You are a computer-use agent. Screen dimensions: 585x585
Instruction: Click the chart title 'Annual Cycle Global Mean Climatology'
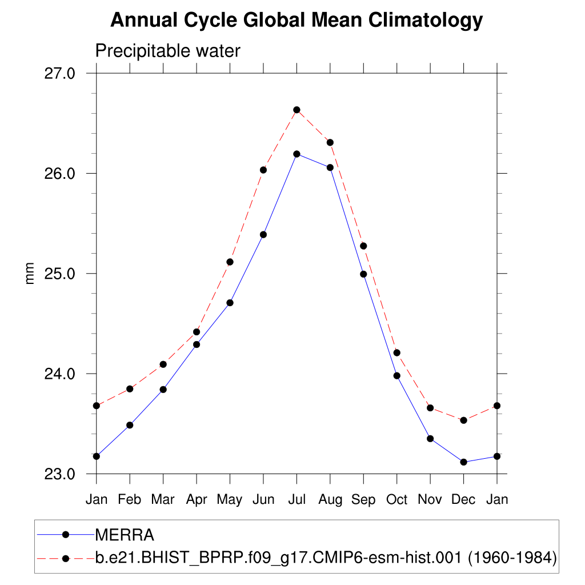click(x=296, y=21)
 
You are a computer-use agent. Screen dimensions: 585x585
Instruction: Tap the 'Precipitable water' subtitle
click(x=167, y=51)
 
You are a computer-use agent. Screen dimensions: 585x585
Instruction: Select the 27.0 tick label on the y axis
click(x=60, y=74)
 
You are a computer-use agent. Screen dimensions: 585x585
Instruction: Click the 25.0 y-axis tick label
click(x=60, y=274)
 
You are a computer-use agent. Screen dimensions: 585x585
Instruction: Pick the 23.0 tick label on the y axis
click(x=60, y=474)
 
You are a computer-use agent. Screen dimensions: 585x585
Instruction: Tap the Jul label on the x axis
click(x=296, y=499)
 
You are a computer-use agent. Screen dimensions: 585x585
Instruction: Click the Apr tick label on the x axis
click(x=197, y=499)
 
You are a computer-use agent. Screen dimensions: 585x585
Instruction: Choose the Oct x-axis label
click(x=396, y=499)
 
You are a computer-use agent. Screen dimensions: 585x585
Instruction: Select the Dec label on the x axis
click(x=463, y=499)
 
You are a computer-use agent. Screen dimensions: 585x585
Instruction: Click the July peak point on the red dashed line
click(x=296, y=110)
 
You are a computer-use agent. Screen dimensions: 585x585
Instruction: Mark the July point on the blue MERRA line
click(x=296, y=154)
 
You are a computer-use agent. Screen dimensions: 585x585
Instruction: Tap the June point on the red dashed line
click(x=263, y=170)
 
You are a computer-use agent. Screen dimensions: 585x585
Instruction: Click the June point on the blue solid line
click(x=263, y=234)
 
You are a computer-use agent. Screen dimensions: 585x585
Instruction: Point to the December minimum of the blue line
click(x=463, y=462)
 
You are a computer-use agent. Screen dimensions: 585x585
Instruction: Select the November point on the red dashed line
click(x=430, y=408)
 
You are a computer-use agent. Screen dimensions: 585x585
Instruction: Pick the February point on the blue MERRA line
click(x=130, y=425)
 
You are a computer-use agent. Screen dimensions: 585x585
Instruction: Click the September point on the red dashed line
click(x=363, y=246)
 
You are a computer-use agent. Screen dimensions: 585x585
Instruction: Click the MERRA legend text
click(x=125, y=535)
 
